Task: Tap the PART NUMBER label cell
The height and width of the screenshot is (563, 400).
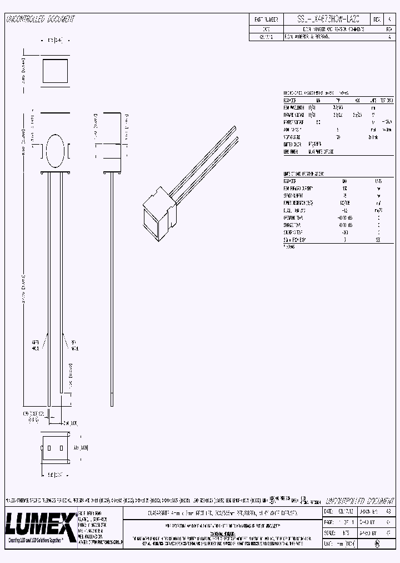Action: (266, 19)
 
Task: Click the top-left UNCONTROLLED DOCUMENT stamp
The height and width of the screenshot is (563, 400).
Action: (40, 19)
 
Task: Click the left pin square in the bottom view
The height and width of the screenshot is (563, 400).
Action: (49, 448)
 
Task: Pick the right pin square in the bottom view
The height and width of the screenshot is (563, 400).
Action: (60, 448)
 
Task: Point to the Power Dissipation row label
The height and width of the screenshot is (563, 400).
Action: (298, 203)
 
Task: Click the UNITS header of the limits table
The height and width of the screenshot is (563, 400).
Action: (378, 181)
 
